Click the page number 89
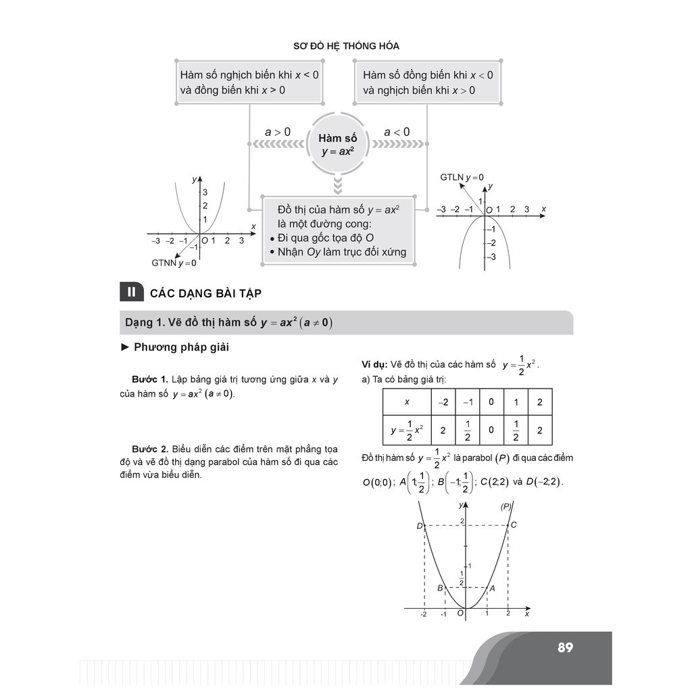[x=565, y=647]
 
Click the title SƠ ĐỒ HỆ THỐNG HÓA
[x=346, y=46]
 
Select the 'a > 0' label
[x=277, y=132]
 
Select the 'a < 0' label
[x=397, y=132]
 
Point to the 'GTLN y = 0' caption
[x=462, y=178]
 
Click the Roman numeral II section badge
[x=131, y=293]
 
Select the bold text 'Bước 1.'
[x=149, y=380]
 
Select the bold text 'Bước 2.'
[x=149, y=449]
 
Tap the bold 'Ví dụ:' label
[x=374, y=364]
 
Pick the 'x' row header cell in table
[x=407, y=402]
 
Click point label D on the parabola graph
[x=419, y=526]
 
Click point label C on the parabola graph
[x=514, y=525]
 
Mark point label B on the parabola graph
[x=440, y=588]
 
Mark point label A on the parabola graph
[x=492, y=588]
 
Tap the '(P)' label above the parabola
[x=505, y=506]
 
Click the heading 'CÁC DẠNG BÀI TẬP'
[x=205, y=293]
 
